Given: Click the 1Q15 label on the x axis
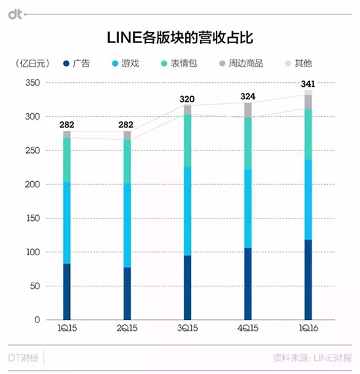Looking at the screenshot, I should [x=66, y=331].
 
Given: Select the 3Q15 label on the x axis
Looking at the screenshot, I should [x=187, y=331].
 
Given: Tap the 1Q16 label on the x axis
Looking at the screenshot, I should [x=308, y=331].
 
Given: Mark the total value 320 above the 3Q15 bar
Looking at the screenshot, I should [x=187, y=99].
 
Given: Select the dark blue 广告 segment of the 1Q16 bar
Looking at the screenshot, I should [x=308, y=280].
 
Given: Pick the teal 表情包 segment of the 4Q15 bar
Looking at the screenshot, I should [x=247, y=143].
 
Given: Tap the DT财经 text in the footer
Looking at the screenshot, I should [x=26, y=358].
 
